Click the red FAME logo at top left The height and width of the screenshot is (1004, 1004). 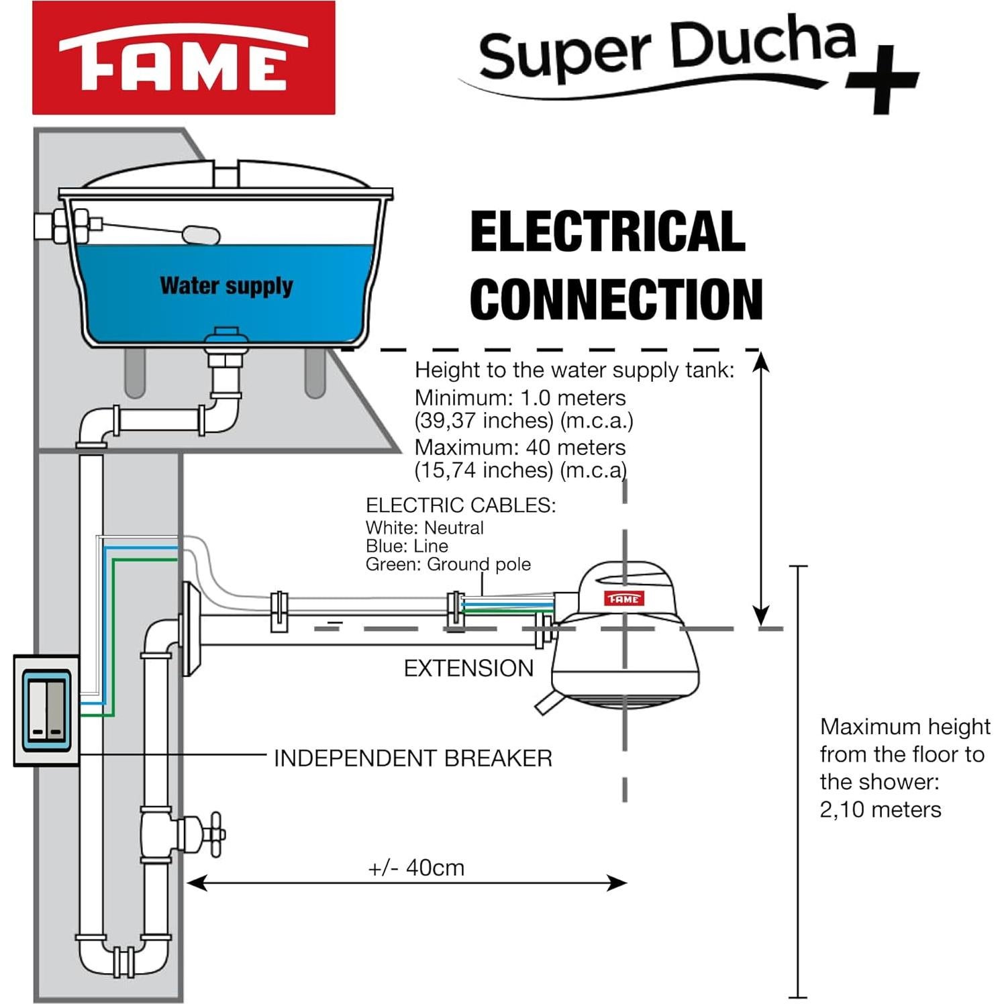click(183, 58)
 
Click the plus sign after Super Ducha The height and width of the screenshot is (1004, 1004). click(882, 79)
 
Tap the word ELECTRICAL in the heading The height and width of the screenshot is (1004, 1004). click(607, 232)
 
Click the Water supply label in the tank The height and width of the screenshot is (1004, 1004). click(226, 286)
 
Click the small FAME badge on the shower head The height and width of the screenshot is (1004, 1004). click(624, 598)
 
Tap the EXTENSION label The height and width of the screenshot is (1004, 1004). click(468, 668)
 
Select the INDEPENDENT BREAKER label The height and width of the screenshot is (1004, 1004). click(413, 758)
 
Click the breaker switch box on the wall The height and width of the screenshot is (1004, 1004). click(46, 710)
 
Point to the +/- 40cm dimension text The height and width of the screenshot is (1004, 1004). click(416, 868)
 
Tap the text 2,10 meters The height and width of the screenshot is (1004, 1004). click(880, 809)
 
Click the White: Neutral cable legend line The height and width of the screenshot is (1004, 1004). click(424, 528)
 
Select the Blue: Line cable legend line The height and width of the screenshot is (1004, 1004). click(407, 546)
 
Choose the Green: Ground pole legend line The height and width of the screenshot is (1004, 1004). click(448, 564)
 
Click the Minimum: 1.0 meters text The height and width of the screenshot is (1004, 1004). click(520, 397)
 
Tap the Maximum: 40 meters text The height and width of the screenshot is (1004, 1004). click(520, 447)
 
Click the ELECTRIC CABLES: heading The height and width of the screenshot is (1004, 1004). click(460, 505)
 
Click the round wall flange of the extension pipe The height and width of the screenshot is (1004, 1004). click(191, 630)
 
